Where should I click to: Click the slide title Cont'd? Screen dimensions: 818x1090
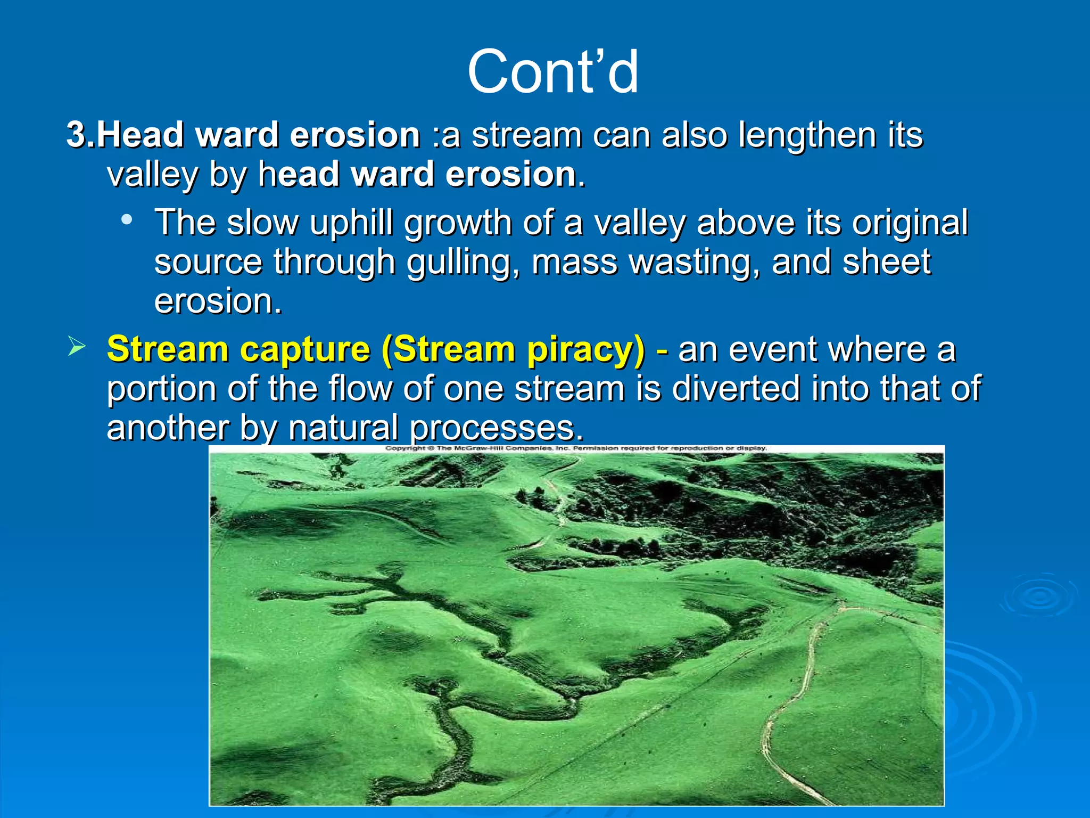click(552, 72)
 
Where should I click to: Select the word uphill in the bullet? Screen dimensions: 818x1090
click(351, 223)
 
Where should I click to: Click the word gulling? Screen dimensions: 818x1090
click(462, 263)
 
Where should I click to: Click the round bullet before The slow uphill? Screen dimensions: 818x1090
click(126, 219)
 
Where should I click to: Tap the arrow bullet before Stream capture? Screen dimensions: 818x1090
click(77, 347)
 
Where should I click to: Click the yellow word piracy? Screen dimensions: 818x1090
click(585, 350)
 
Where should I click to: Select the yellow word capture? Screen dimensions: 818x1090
click(304, 350)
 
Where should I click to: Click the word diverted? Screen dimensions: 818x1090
click(736, 388)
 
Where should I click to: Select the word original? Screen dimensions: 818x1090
click(910, 223)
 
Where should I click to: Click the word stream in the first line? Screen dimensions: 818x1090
click(526, 135)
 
